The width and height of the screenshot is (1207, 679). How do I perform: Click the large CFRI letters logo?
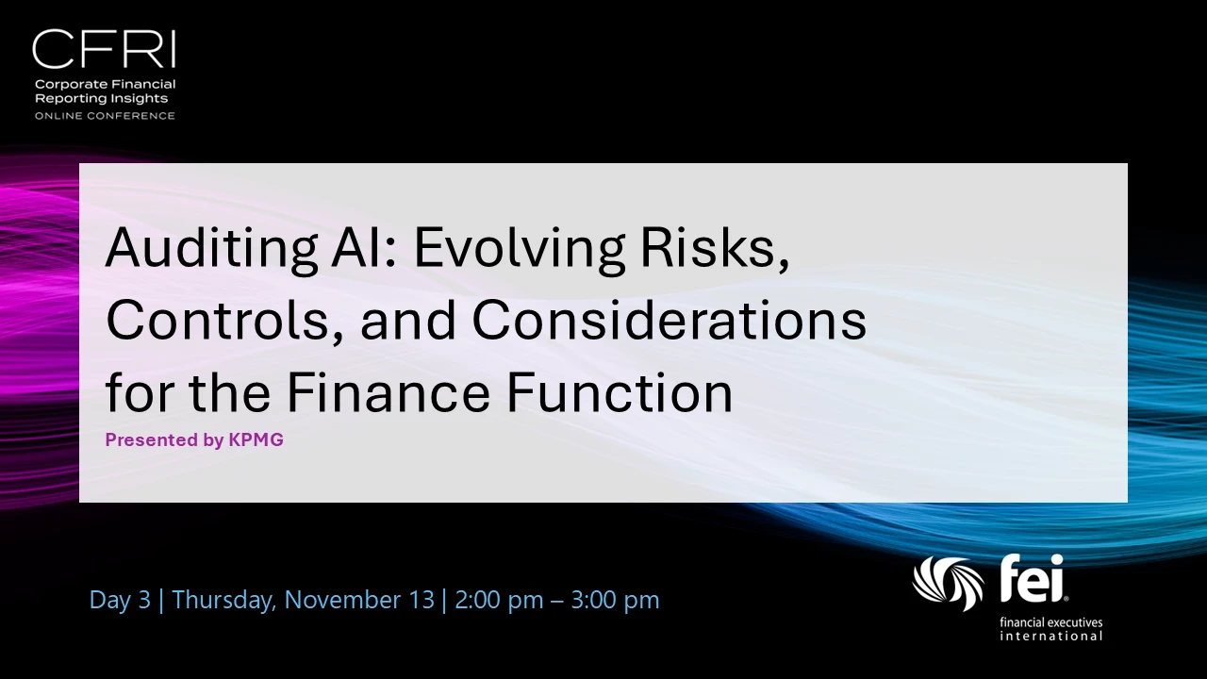(x=104, y=49)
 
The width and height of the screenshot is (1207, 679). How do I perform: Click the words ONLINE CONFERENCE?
(x=105, y=116)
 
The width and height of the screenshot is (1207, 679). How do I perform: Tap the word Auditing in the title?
(x=211, y=249)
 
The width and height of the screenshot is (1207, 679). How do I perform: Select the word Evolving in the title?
(x=519, y=249)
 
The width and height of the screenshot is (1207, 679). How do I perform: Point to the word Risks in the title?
(x=715, y=248)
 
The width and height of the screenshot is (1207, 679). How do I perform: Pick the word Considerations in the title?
(x=670, y=320)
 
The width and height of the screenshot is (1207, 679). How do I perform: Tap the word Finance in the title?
(x=389, y=391)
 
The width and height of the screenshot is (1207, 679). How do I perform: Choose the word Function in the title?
(x=620, y=391)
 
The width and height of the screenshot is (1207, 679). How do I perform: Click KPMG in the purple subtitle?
(x=256, y=439)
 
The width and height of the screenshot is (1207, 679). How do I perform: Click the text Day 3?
(x=120, y=600)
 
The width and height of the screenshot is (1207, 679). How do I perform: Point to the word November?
(x=359, y=600)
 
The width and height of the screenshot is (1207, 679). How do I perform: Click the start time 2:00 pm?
(x=499, y=601)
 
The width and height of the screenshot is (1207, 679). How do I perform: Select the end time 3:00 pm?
(x=615, y=601)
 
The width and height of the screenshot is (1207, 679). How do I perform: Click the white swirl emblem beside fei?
(x=948, y=584)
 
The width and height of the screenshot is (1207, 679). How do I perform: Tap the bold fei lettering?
(x=1033, y=578)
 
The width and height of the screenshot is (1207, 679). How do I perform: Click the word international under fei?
(x=1051, y=637)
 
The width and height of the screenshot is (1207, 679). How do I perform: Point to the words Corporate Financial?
(x=105, y=85)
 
